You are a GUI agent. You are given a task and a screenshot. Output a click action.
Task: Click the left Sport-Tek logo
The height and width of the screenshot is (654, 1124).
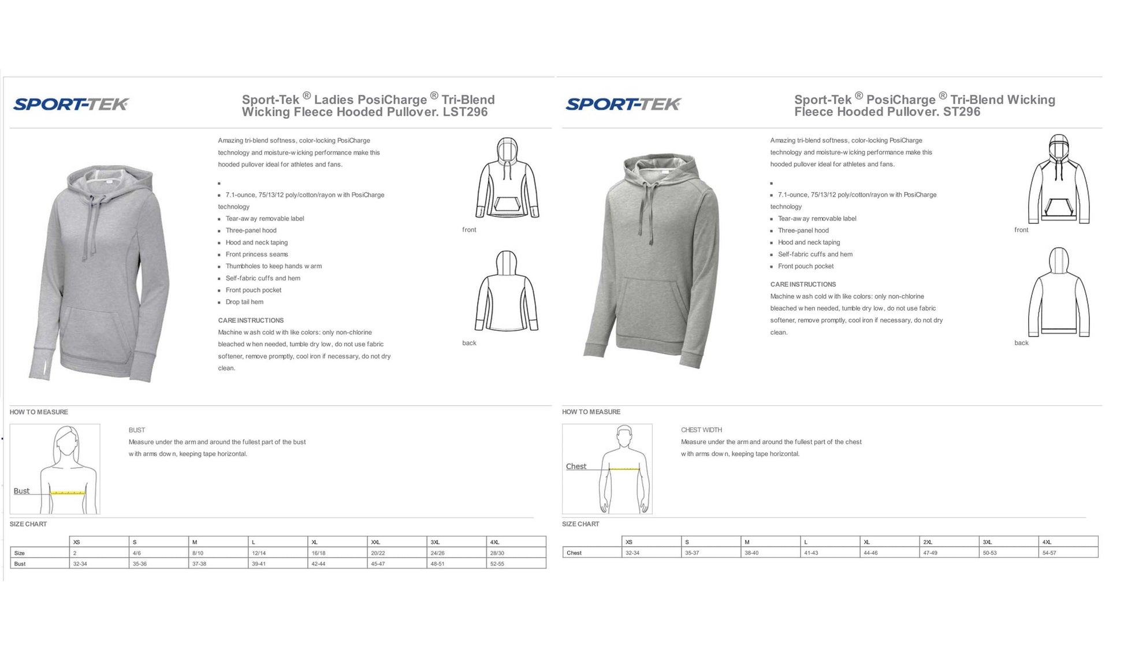pyautogui.click(x=70, y=104)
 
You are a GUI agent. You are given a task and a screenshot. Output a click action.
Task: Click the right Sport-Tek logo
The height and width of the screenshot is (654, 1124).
pyautogui.click(x=623, y=104)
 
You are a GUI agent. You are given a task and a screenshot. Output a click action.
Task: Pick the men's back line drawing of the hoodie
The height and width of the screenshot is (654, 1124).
pyautogui.click(x=1059, y=292)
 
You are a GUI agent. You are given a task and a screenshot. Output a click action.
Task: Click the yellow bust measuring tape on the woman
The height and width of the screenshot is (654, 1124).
pyautogui.click(x=68, y=493)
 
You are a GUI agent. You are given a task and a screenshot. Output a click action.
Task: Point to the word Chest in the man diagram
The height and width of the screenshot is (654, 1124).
pyautogui.click(x=576, y=466)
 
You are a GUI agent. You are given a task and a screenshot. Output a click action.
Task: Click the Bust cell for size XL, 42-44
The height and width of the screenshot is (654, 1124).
pyautogui.click(x=318, y=564)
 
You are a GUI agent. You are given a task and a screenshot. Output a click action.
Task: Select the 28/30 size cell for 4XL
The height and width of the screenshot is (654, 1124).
pyautogui.click(x=497, y=553)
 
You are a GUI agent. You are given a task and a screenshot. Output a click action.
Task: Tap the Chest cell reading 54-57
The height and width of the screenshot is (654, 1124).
pyautogui.click(x=1049, y=553)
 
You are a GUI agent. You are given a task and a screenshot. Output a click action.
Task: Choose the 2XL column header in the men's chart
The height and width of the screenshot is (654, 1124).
pyautogui.click(x=928, y=542)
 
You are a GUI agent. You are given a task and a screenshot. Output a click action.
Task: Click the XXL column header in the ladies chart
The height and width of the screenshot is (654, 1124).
pyautogui.click(x=375, y=542)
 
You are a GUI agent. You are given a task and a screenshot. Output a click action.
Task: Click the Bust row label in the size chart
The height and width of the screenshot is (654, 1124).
pyautogui.click(x=20, y=564)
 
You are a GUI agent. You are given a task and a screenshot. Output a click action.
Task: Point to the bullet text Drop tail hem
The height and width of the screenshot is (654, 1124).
pyautogui.click(x=244, y=302)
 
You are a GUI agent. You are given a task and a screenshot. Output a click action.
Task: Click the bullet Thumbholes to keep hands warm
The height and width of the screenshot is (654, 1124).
pyautogui.click(x=273, y=266)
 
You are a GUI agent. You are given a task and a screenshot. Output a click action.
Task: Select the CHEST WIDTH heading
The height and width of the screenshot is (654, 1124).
pyautogui.click(x=701, y=430)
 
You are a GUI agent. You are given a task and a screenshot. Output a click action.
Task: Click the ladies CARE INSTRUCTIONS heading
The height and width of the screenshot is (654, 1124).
pyautogui.click(x=251, y=320)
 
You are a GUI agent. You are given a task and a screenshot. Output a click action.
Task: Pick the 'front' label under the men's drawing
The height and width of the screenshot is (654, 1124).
pyautogui.click(x=1021, y=230)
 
